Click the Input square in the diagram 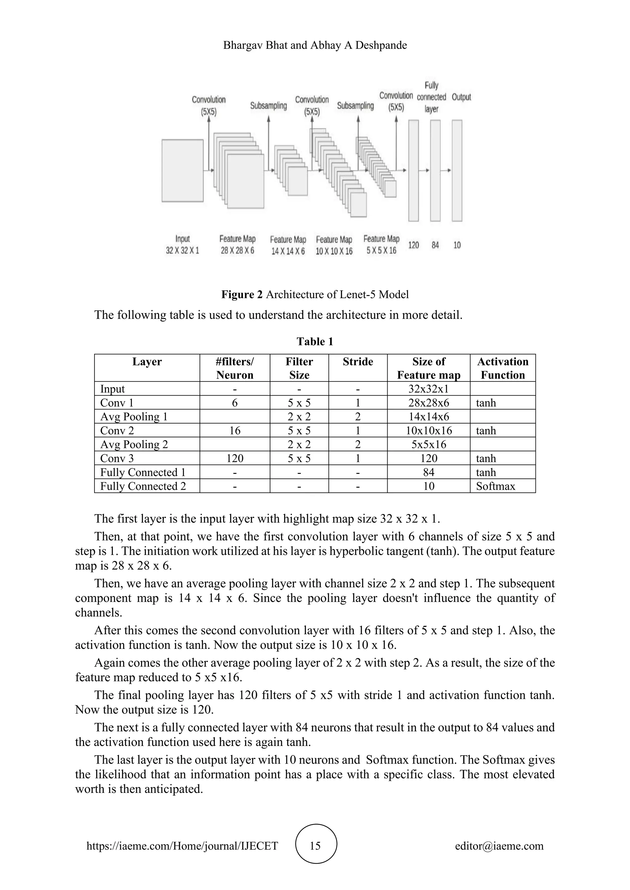pos(182,171)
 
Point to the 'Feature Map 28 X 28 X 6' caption pos(237,245)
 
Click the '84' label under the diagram pos(435,245)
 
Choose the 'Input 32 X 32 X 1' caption pos(182,245)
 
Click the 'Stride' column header pos(358,362)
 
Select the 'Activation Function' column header pos(502,368)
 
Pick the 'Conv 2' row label pos(117,431)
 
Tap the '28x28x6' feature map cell pos(429,403)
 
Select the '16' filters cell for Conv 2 pos(235,431)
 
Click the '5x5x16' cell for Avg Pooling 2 pos(429,445)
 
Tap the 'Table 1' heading pos(315,341)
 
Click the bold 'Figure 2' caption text pos(242,295)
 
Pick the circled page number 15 pos(315,846)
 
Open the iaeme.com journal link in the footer pos(182,846)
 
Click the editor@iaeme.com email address pos(499,846)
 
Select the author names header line pos(315,45)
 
